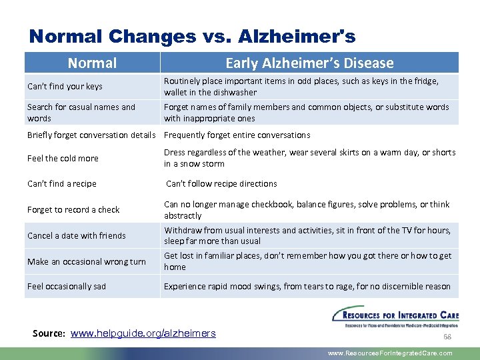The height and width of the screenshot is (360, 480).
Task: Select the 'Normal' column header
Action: pos(92,63)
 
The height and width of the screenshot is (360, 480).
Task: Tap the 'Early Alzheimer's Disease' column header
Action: pos(309,63)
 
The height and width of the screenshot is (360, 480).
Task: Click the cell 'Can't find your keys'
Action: pos(65,87)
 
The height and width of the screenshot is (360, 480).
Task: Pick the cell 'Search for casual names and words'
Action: pos(81,112)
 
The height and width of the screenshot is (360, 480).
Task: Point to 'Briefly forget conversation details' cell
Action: pos(91,135)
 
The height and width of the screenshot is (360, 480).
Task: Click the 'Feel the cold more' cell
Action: pos(63,158)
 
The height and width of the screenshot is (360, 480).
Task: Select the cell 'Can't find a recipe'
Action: pos(62,183)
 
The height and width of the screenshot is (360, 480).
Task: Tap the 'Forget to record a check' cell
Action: pos(73,209)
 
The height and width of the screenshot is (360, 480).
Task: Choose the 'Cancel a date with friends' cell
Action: pos(77,235)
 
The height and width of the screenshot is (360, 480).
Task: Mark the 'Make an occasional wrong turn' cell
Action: pos(86,261)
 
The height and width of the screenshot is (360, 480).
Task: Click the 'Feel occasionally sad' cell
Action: pos(67,286)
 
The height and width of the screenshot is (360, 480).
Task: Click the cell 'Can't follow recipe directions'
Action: pos(221,183)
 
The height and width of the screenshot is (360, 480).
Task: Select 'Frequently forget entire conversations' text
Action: pos(237,135)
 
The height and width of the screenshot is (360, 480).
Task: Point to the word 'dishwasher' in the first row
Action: pos(235,93)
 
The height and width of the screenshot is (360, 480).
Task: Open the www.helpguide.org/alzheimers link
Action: pos(143,333)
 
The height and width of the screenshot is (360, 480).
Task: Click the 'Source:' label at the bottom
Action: pos(49,333)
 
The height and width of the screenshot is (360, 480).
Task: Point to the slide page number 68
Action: pos(447,337)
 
